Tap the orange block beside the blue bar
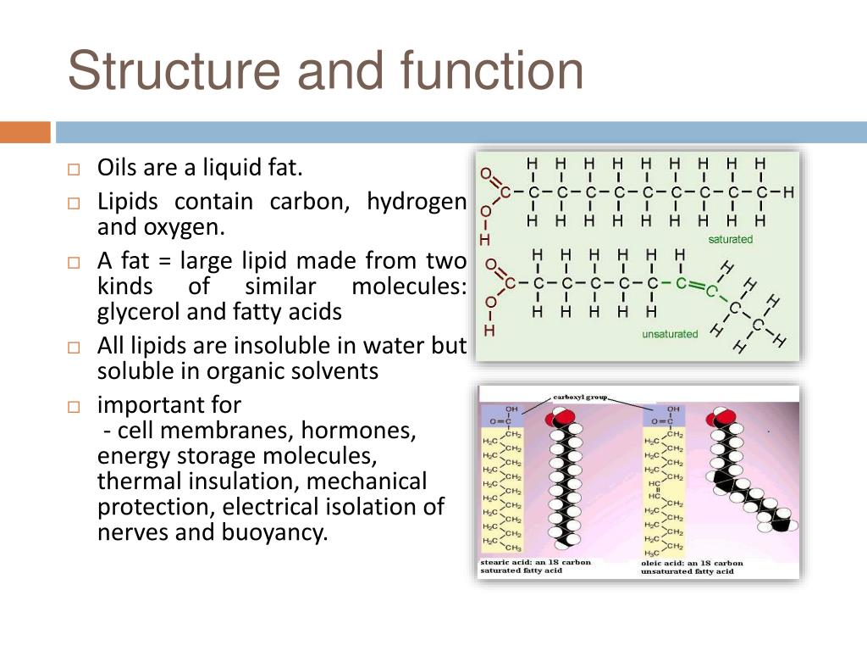25,132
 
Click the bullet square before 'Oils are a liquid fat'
73,169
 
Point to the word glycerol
138,312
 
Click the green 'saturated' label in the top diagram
730,239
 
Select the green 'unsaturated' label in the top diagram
670,334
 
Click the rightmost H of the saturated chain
788,192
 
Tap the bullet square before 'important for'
73,406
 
